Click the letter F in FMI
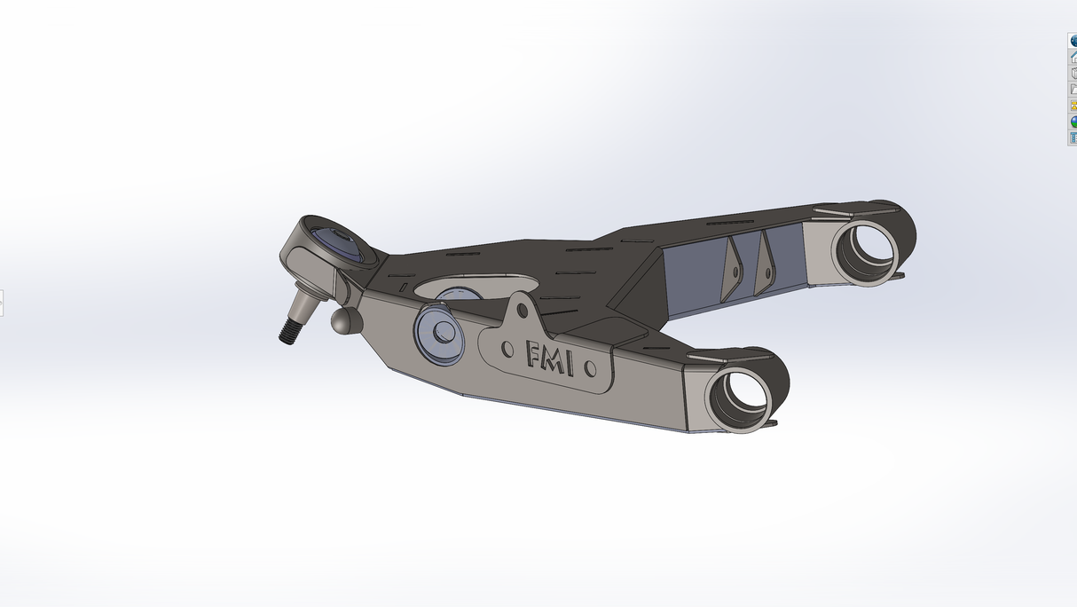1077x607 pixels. (535, 354)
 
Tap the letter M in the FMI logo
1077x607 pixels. (560, 359)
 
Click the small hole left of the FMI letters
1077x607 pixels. (507, 349)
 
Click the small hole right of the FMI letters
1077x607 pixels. (592, 366)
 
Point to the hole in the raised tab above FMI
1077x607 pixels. (523, 311)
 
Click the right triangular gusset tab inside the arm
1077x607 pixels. (763, 264)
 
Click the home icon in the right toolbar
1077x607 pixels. (1073, 56)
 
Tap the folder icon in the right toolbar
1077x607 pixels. (1073, 89)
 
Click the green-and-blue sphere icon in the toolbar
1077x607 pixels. (1073, 122)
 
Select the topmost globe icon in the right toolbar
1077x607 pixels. (1073, 40)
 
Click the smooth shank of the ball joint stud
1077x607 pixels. (303, 308)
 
